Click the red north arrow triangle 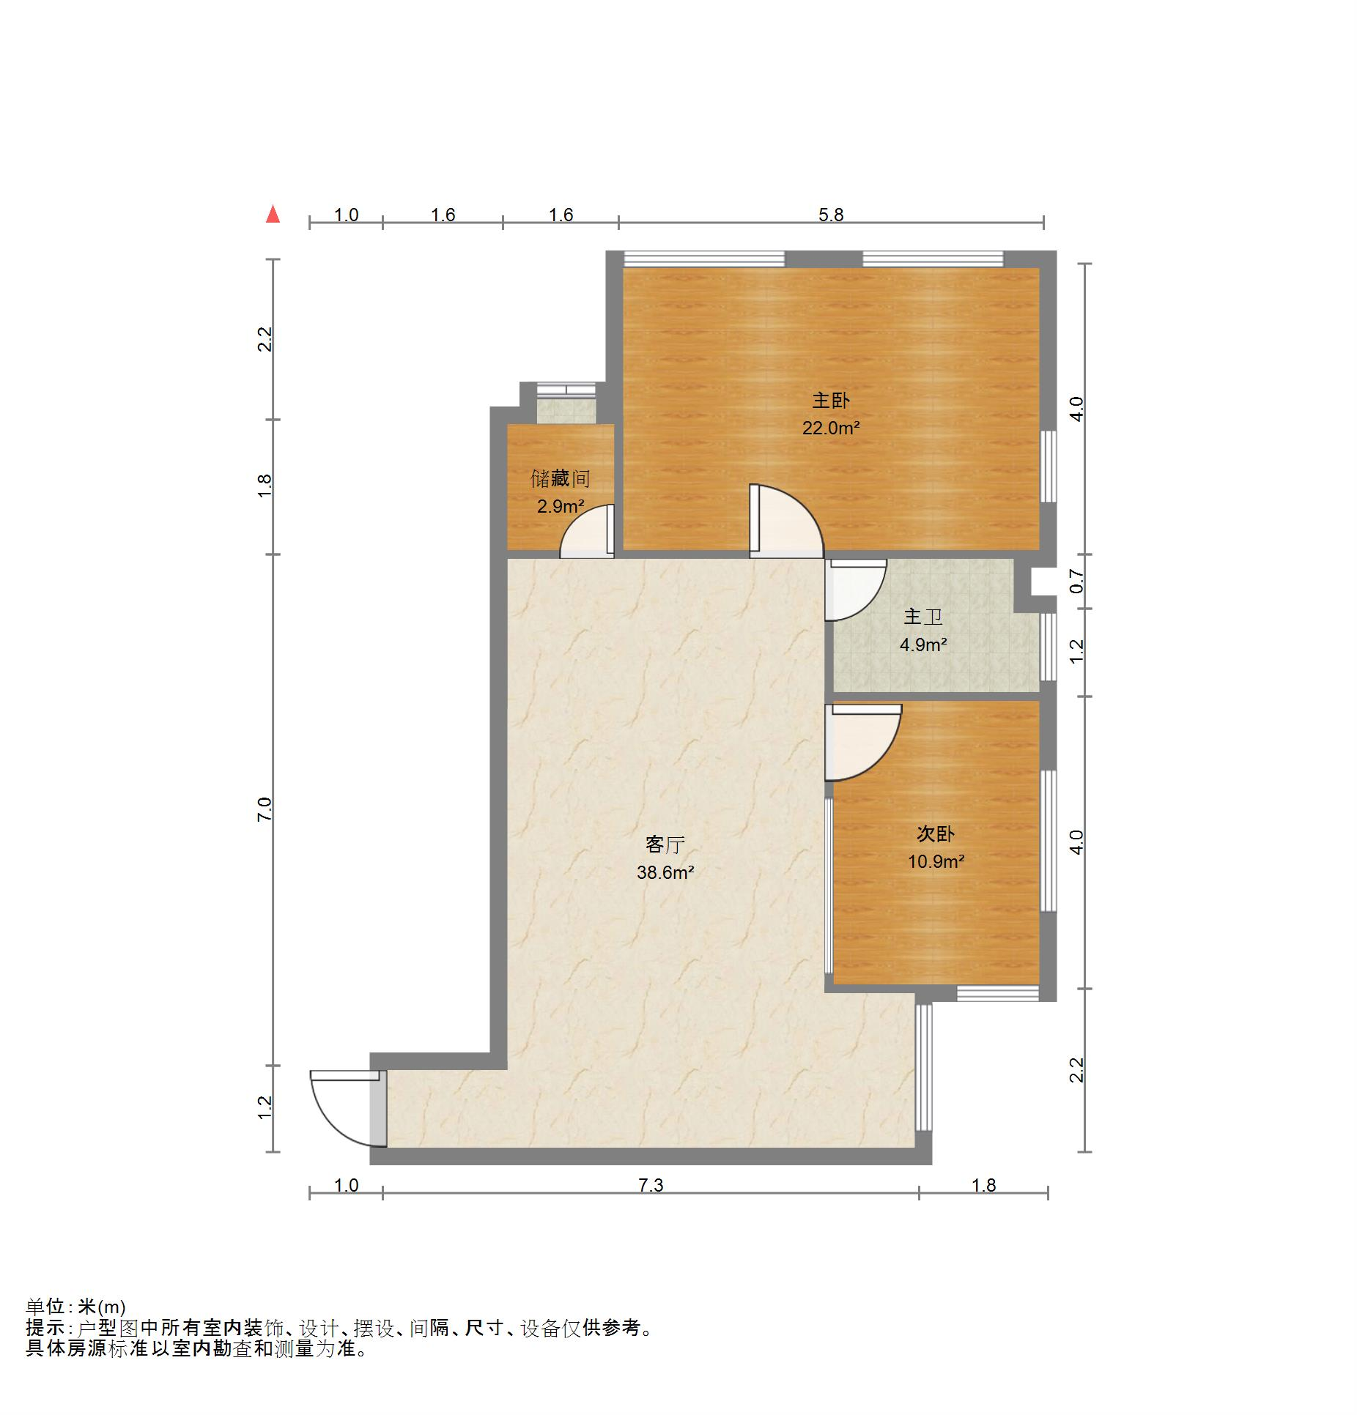coord(273,214)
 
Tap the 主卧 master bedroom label coord(831,401)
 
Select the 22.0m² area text coord(831,428)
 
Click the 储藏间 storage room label coord(561,479)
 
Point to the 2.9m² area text coord(561,506)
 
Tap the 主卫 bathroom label coord(923,617)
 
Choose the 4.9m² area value coord(923,645)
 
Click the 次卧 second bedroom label coord(936,833)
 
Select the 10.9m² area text coord(936,861)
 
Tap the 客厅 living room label coord(665,844)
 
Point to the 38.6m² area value coord(665,872)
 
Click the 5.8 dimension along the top coord(831,215)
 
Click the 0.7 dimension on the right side coord(1076,581)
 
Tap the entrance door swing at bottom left coord(344,1109)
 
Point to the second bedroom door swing coord(863,742)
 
